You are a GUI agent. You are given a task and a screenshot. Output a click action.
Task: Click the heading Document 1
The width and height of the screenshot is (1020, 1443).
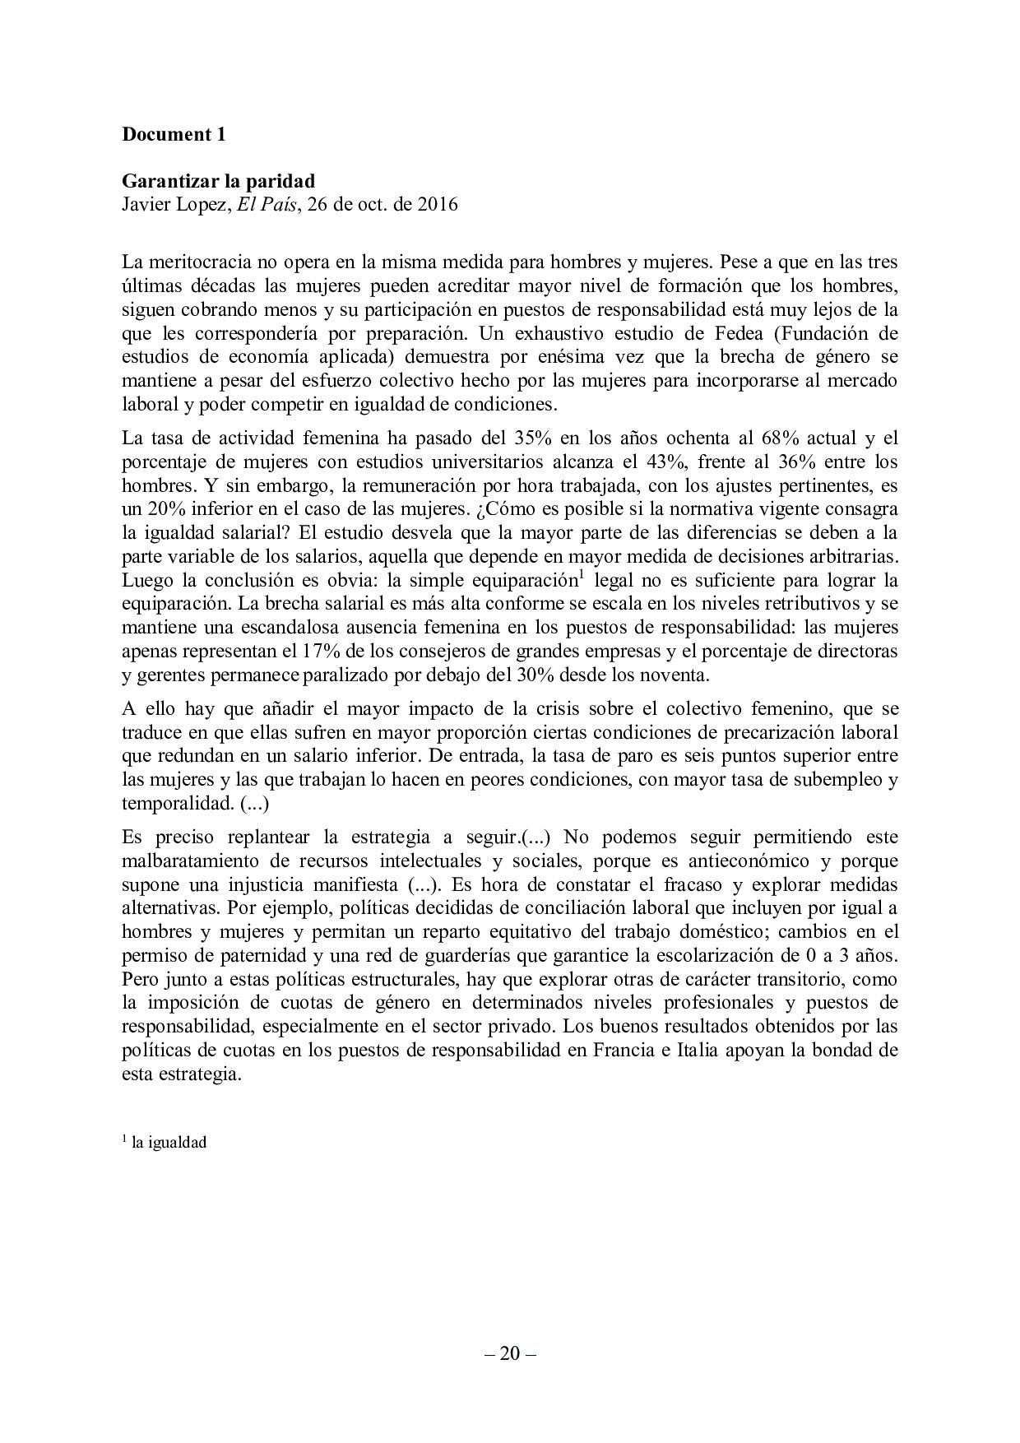pyautogui.click(x=174, y=135)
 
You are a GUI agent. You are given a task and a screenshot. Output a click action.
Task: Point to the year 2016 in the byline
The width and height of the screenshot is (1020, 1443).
pyautogui.click(x=438, y=204)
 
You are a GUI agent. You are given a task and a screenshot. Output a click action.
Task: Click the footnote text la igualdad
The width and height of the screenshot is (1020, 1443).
pyautogui.click(x=169, y=1143)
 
